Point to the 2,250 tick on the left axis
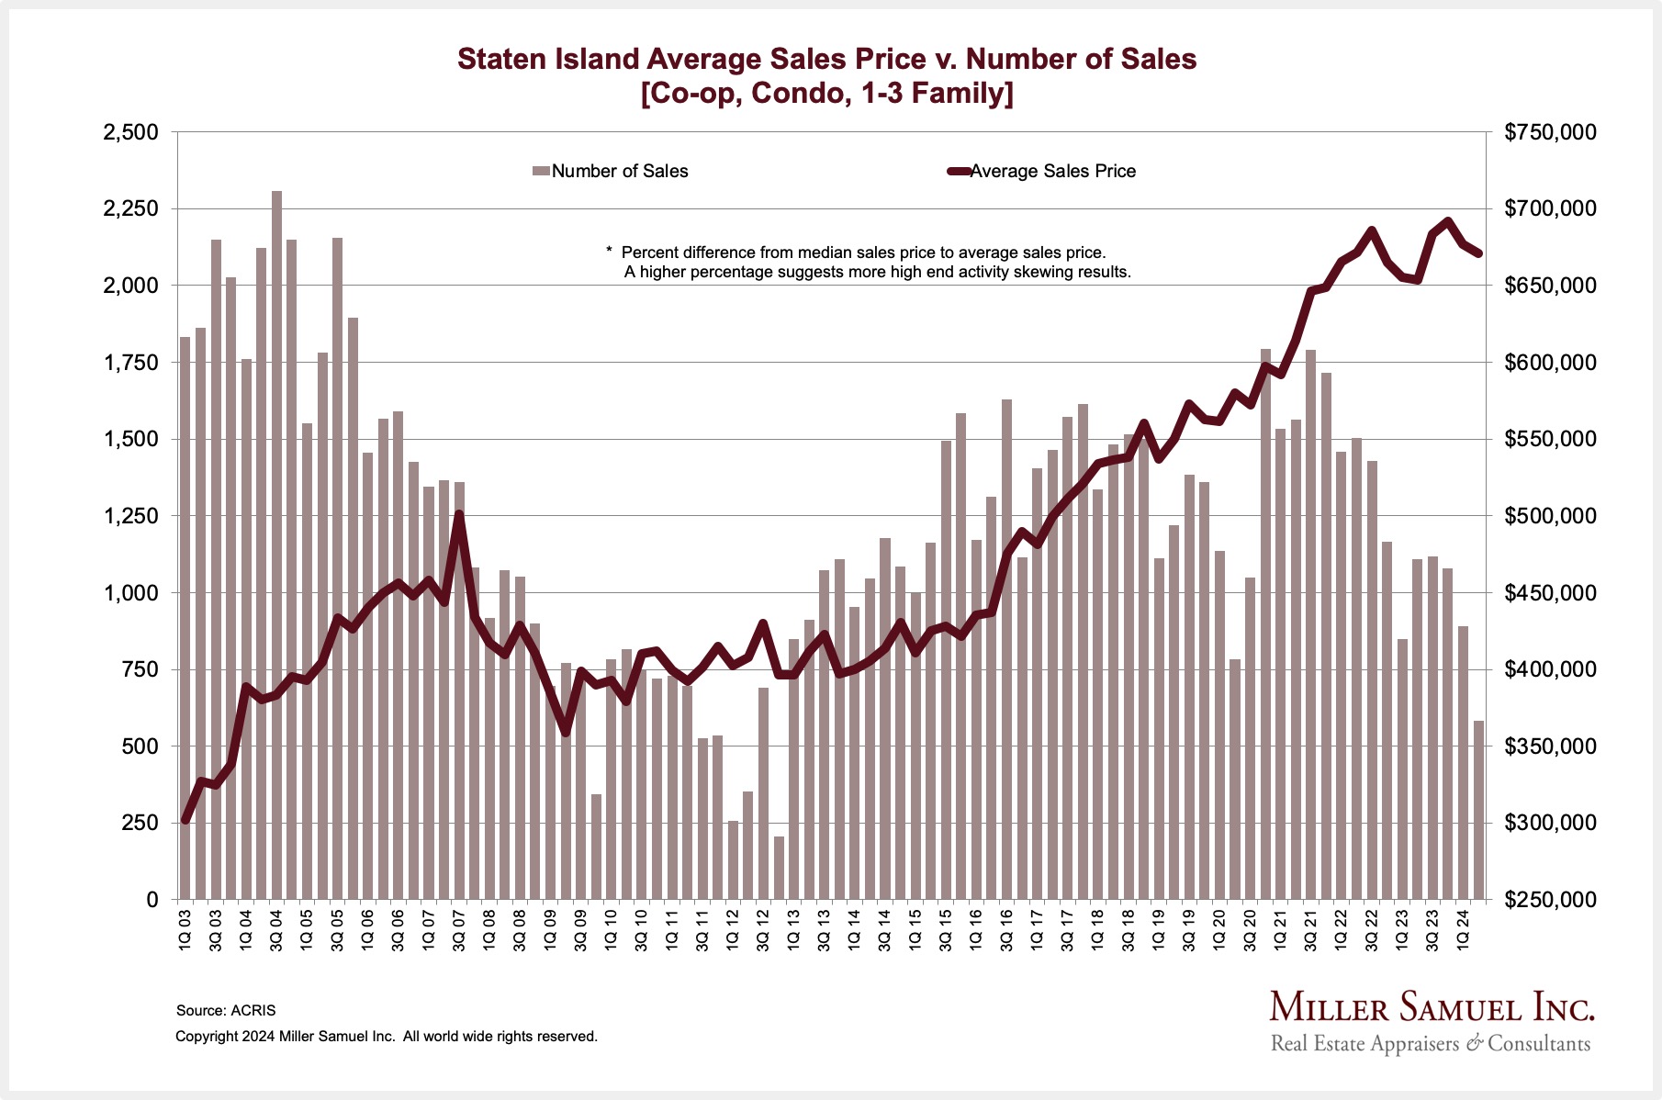click(x=131, y=209)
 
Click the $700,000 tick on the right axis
click(x=1550, y=209)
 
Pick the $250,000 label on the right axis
click(x=1550, y=900)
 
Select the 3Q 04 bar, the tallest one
click(x=276, y=551)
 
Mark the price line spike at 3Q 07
click(x=459, y=515)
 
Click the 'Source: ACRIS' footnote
click(x=226, y=1010)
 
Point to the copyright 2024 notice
click(x=386, y=1036)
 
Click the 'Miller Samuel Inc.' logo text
click(x=1432, y=1007)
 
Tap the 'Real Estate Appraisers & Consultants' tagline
click(x=1430, y=1044)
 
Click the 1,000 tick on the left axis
click(x=131, y=593)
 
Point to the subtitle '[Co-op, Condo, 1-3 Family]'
click(x=826, y=94)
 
